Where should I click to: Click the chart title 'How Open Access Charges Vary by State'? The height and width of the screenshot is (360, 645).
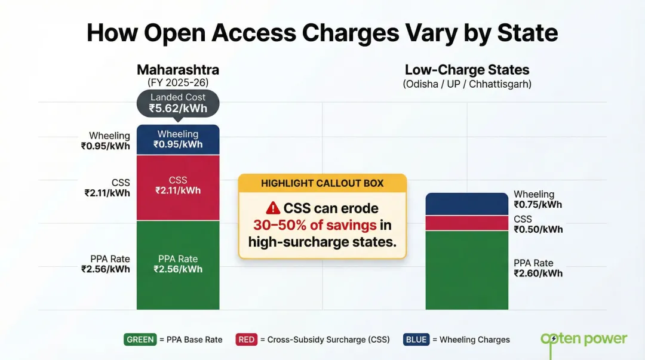tap(322, 33)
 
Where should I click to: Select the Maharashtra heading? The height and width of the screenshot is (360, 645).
tap(178, 70)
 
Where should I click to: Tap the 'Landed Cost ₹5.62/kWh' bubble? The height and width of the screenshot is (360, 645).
tap(178, 103)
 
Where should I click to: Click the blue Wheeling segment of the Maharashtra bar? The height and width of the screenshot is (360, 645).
tap(178, 140)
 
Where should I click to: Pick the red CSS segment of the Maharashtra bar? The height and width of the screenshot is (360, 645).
tap(178, 187)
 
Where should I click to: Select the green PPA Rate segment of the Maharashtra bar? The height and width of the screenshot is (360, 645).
tap(178, 264)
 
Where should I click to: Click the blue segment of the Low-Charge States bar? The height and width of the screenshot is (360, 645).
tap(466, 204)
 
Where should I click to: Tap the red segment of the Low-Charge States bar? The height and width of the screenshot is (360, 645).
tap(466, 223)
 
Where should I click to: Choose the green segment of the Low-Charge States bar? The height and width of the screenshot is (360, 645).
tap(466, 270)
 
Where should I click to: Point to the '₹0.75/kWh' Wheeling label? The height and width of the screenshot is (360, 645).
tap(537, 205)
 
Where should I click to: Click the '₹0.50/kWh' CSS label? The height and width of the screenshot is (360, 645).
tap(537, 230)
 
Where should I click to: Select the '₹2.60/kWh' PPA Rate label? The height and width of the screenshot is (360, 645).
tap(537, 273)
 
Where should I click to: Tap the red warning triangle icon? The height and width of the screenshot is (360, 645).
tap(273, 208)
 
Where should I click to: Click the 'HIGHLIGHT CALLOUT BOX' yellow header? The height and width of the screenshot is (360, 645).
tap(322, 183)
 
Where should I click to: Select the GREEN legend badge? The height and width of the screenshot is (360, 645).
tap(140, 340)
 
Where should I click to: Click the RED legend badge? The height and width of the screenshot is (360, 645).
tap(247, 340)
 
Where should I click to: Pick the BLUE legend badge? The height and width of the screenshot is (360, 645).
tap(416, 340)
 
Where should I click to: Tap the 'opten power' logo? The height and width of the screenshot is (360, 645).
tap(583, 339)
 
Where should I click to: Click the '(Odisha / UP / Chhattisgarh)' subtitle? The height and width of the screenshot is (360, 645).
tap(466, 84)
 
